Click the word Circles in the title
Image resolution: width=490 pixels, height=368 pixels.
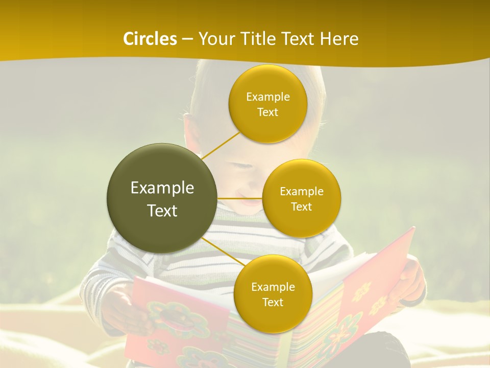tap(150, 39)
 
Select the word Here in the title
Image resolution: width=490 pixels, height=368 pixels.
tap(339, 39)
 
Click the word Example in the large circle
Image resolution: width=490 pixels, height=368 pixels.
tap(162, 188)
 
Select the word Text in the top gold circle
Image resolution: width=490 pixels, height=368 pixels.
tap(267, 112)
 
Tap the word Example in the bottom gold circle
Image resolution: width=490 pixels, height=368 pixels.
tap(273, 287)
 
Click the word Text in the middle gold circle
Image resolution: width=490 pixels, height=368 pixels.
tap(301, 206)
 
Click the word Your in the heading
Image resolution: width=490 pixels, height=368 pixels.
tap(214, 39)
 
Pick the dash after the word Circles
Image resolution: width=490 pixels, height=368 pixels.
tap(187, 39)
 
